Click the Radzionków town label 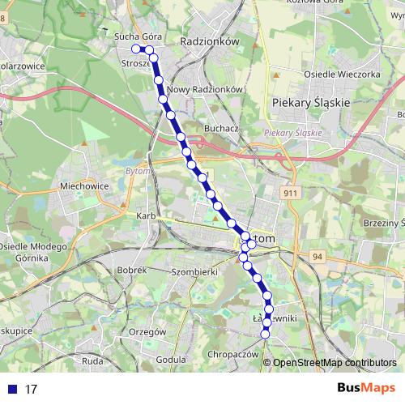coord(207,39)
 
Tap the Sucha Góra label coord(134,37)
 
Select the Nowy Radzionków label coord(205,89)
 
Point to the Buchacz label coord(221,128)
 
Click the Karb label coord(146,216)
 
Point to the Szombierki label coord(195,272)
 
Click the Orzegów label coord(147,331)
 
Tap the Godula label coord(170,359)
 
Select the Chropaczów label coord(232,355)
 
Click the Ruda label coord(92,359)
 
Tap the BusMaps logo coord(366,388)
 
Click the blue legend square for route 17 coord(12,389)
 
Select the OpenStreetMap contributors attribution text coord(334,363)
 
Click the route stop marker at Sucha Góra coord(136,49)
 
